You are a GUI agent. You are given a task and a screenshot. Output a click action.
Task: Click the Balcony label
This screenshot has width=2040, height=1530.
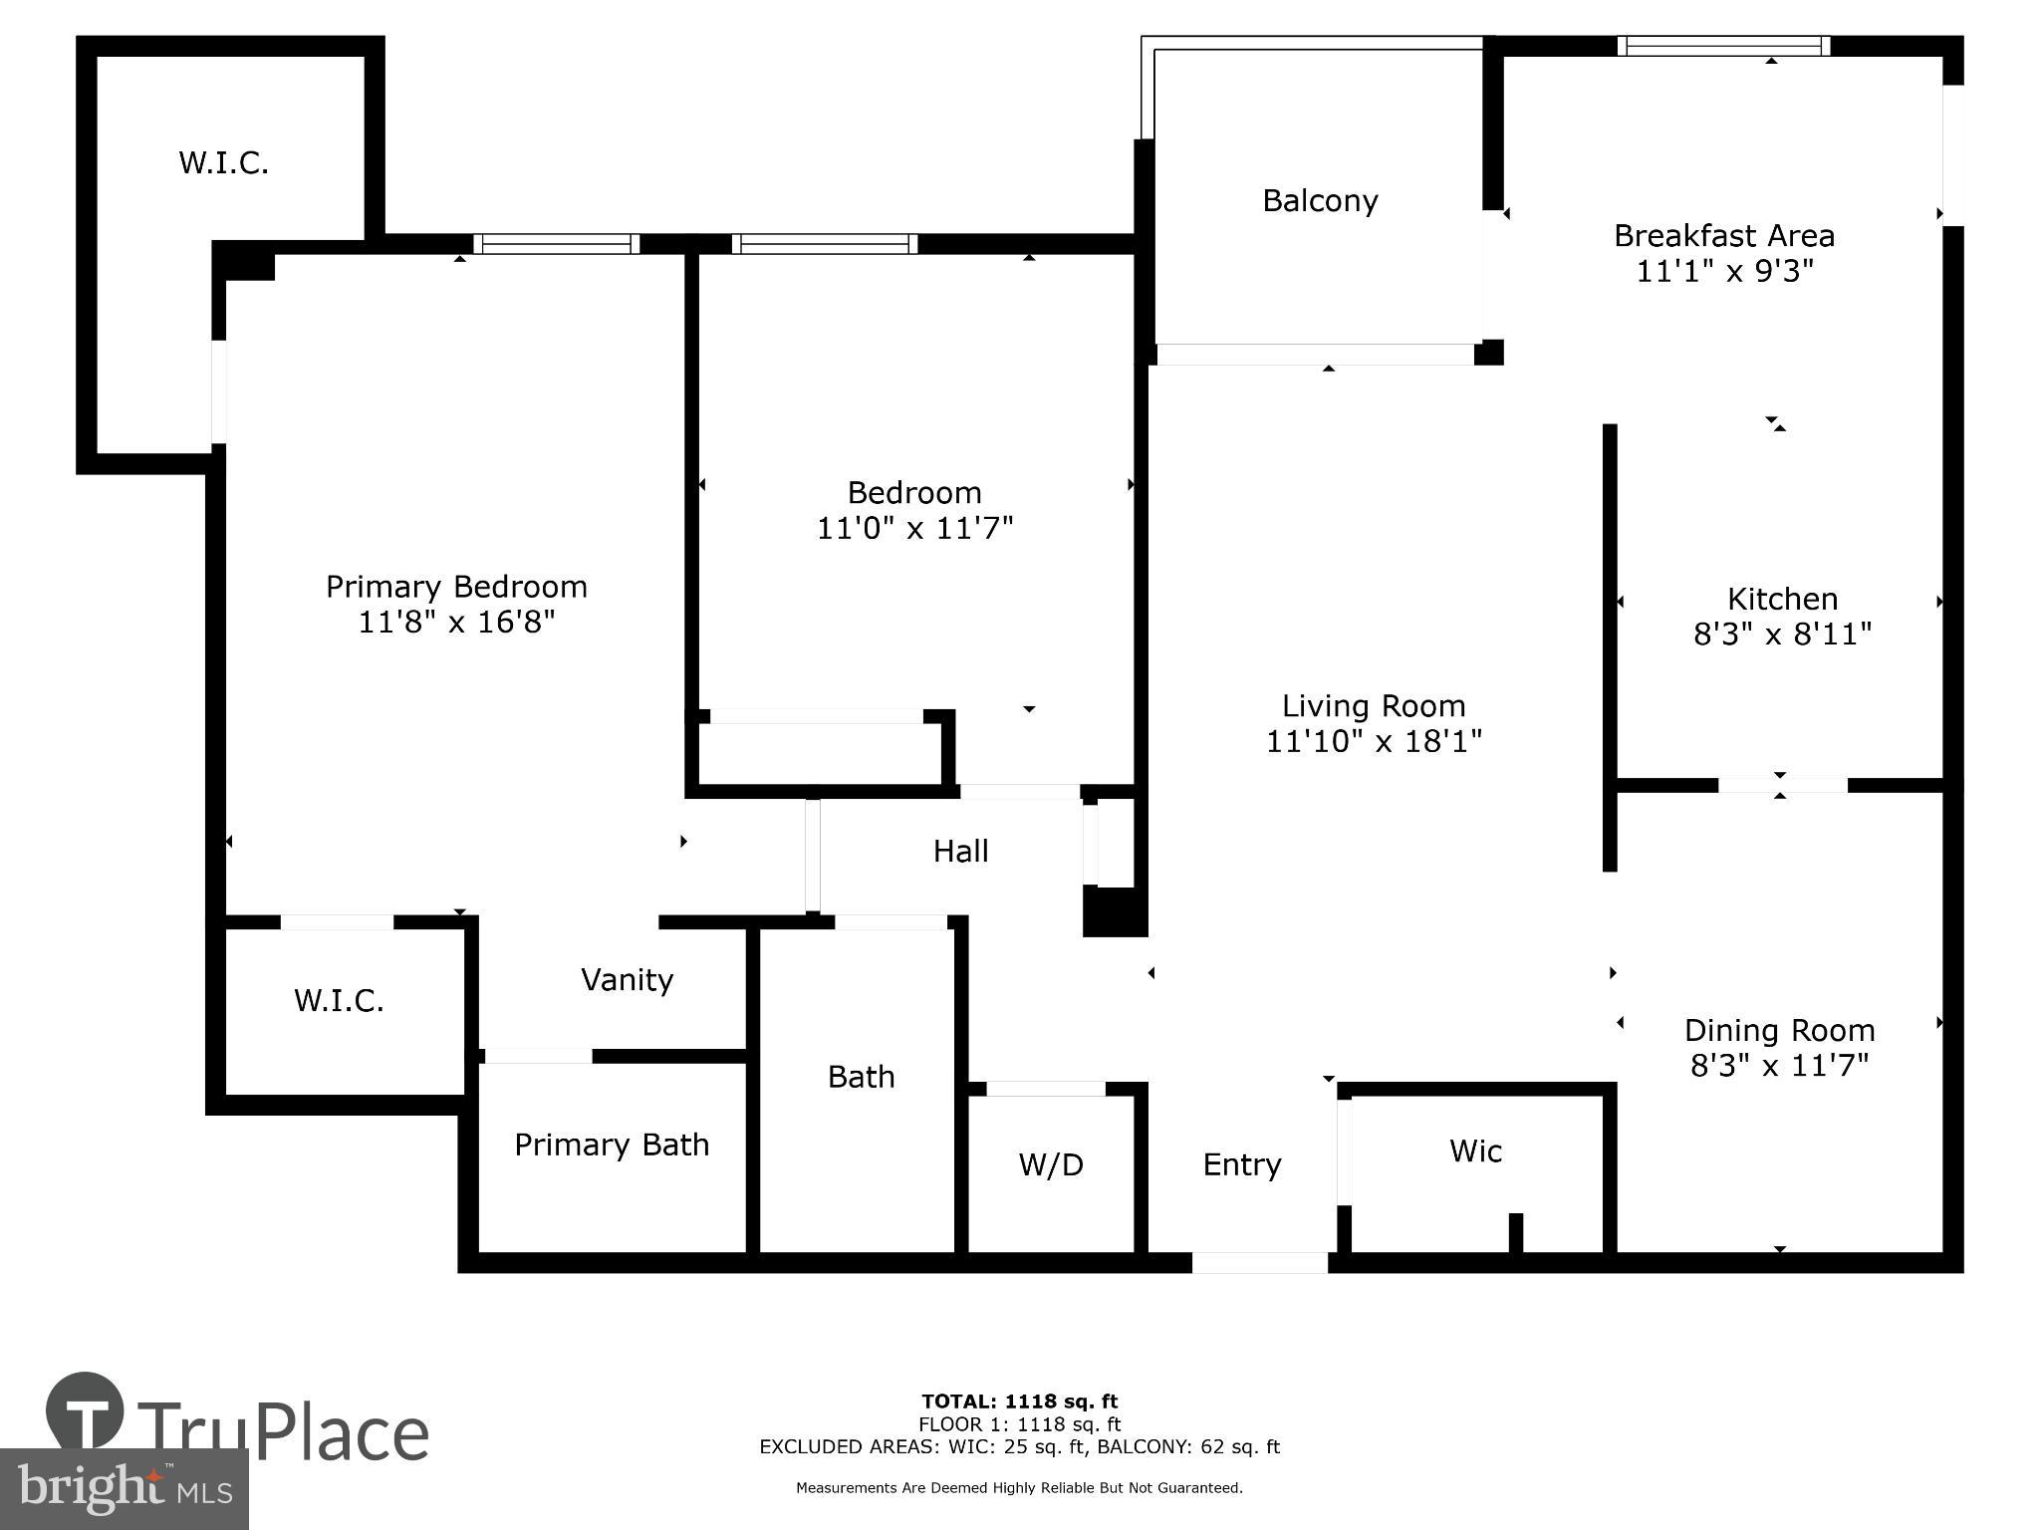pyautogui.click(x=1320, y=201)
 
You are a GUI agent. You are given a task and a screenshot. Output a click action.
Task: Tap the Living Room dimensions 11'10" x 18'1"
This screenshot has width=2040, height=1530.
pyautogui.click(x=1374, y=741)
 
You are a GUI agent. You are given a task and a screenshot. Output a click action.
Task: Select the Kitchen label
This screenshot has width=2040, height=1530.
pyautogui.click(x=1782, y=599)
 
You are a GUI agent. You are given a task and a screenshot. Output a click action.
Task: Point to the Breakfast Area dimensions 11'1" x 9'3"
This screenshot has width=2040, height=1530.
pyautogui.click(x=1724, y=271)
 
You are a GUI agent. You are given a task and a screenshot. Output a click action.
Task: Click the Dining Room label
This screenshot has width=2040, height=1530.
pyautogui.click(x=1779, y=1030)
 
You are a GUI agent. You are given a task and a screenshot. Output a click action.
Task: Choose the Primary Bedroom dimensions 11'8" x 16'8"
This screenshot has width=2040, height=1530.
pyautogui.click(x=456, y=623)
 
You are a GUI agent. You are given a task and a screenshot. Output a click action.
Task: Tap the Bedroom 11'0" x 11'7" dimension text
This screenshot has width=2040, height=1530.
pyautogui.click(x=914, y=528)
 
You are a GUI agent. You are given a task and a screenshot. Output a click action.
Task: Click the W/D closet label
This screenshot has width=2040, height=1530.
pyautogui.click(x=1051, y=1164)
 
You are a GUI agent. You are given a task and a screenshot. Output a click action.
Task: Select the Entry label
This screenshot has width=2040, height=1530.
pyautogui.click(x=1241, y=1164)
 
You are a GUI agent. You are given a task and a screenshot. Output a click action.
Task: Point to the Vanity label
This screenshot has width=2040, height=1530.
pyautogui.click(x=627, y=980)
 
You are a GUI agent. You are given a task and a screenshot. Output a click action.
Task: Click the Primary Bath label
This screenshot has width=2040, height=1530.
pyautogui.click(x=612, y=1145)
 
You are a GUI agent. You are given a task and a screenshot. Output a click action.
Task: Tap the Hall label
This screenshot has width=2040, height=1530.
pyautogui.click(x=960, y=851)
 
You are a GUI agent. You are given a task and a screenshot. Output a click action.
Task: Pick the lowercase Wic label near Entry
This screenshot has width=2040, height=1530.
pyautogui.click(x=1475, y=1151)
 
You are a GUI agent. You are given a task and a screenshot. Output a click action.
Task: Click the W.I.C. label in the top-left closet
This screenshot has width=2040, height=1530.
pyautogui.click(x=223, y=163)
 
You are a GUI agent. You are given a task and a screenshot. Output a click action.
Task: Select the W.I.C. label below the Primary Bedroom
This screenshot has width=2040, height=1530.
pyautogui.click(x=339, y=1001)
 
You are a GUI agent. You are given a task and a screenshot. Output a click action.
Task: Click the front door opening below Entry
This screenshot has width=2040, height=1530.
pyautogui.click(x=1259, y=1263)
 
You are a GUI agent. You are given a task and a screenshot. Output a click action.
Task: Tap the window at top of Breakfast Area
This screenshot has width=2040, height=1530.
pyautogui.click(x=1723, y=46)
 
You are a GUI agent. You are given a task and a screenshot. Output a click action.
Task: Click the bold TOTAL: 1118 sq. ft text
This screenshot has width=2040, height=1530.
pyautogui.click(x=1019, y=1402)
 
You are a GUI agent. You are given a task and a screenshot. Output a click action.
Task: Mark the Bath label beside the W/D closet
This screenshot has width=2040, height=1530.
pyautogui.click(x=861, y=1077)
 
